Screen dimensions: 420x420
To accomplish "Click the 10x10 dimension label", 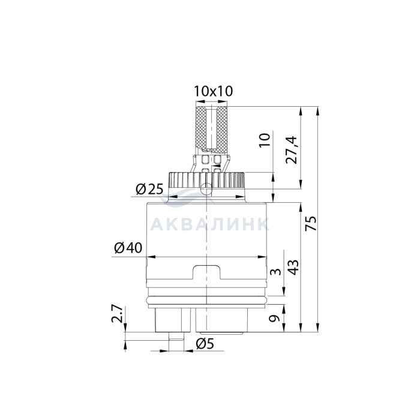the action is (x=214, y=91).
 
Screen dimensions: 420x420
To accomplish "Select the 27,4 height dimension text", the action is (x=292, y=150).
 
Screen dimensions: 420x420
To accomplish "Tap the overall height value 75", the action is (x=311, y=224).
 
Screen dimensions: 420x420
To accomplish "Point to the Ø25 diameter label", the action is (x=149, y=190).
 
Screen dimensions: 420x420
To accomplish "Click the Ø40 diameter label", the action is (x=128, y=248).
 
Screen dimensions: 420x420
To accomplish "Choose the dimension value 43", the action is (x=293, y=267).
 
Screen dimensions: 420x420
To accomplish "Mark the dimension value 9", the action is (x=275, y=319).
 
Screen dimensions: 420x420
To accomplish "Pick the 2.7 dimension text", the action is (x=118, y=314).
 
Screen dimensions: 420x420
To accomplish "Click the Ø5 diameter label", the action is (x=205, y=344).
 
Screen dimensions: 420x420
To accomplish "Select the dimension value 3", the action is (x=276, y=272).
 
